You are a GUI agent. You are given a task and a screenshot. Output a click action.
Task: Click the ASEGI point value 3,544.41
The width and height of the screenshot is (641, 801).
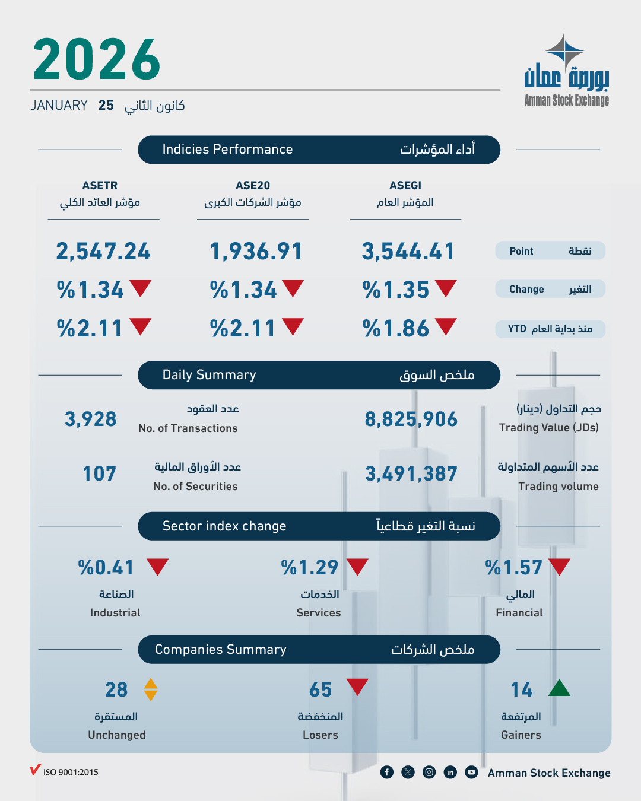(x=408, y=252)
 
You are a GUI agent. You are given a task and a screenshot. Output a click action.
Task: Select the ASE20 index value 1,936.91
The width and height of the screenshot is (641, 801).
(x=256, y=252)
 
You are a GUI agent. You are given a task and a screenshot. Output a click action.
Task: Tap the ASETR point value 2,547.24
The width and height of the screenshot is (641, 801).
(x=103, y=252)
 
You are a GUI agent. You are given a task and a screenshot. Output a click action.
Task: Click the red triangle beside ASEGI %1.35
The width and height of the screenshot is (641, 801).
(x=446, y=288)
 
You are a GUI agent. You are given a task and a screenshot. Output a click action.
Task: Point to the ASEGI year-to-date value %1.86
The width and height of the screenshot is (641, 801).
(x=396, y=329)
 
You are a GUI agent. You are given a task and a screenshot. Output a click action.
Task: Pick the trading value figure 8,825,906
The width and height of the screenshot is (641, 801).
(x=411, y=419)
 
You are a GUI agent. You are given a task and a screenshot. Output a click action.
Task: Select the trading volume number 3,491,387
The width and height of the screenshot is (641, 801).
(x=411, y=474)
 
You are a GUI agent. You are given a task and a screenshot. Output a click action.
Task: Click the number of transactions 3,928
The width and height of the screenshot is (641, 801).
(x=91, y=419)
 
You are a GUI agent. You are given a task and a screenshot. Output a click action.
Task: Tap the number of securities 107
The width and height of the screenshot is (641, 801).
(x=99, y=474)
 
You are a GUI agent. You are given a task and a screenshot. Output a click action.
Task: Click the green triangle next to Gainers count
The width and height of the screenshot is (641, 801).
(x=559, y=688)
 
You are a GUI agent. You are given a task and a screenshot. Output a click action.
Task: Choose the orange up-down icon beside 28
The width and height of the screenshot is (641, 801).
(x=151, y=689)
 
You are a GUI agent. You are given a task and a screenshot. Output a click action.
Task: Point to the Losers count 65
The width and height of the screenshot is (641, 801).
(x=320, y=690)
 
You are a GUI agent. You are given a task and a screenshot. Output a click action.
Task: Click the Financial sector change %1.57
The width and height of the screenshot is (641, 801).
(x=513, y=568)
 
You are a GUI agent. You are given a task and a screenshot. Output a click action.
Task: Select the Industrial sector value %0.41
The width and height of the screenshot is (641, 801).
(x=106, y=568)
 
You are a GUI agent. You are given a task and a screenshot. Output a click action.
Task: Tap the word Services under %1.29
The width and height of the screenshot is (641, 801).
(x=319, y=613)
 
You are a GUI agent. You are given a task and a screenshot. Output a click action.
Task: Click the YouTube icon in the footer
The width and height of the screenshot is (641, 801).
(x=471, y=772)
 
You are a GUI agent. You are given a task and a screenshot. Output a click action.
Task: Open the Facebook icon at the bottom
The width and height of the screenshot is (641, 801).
(x=386, y=772)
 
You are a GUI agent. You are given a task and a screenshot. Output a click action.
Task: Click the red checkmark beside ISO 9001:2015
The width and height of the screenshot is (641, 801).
(x=35, y=770)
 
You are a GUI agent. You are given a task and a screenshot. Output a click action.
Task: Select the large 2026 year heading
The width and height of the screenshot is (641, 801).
(x=97, y=59)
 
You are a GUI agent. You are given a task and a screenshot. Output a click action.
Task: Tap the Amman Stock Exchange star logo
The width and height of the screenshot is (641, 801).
(x=564, y=50)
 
